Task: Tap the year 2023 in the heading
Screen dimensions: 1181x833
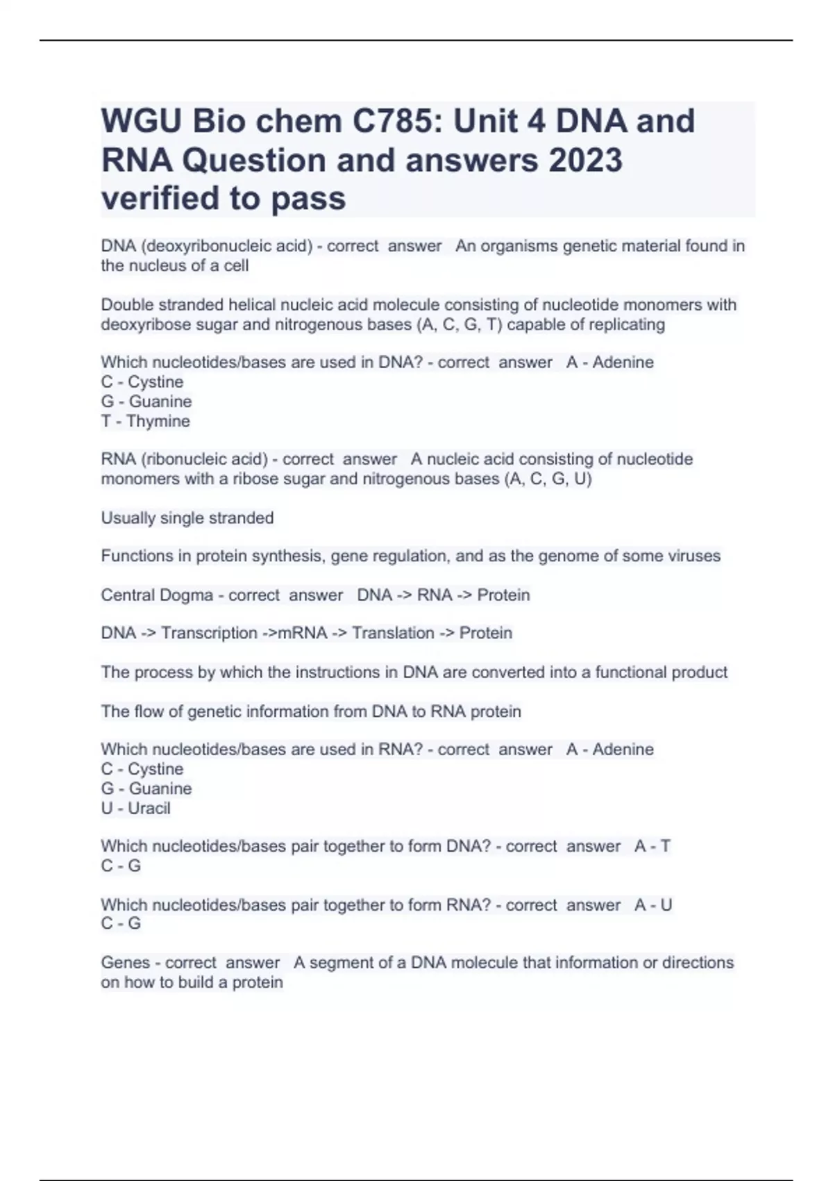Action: tap(586, 160)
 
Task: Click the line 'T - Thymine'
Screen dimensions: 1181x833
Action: tap(145, 422)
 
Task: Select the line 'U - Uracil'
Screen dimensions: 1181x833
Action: tap(135, 809)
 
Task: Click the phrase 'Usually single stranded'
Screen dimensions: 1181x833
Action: tap(187, 518)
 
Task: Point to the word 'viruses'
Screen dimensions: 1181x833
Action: tap(694, 556)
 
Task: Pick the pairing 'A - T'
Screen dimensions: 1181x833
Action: tap(653, 846)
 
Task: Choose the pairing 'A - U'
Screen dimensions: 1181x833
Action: tap(653, 905)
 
